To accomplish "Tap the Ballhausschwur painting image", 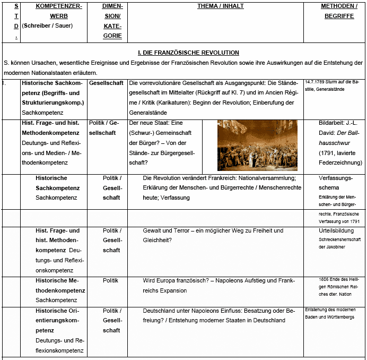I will pyautogui.click(x=257, y=145).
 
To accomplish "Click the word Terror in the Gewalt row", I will pyautogui.click(x=182, y=231).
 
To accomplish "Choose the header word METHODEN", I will pyautogui.click(x=336, y=6).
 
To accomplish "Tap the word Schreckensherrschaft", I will pyautogui.click(x=335, y=240).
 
